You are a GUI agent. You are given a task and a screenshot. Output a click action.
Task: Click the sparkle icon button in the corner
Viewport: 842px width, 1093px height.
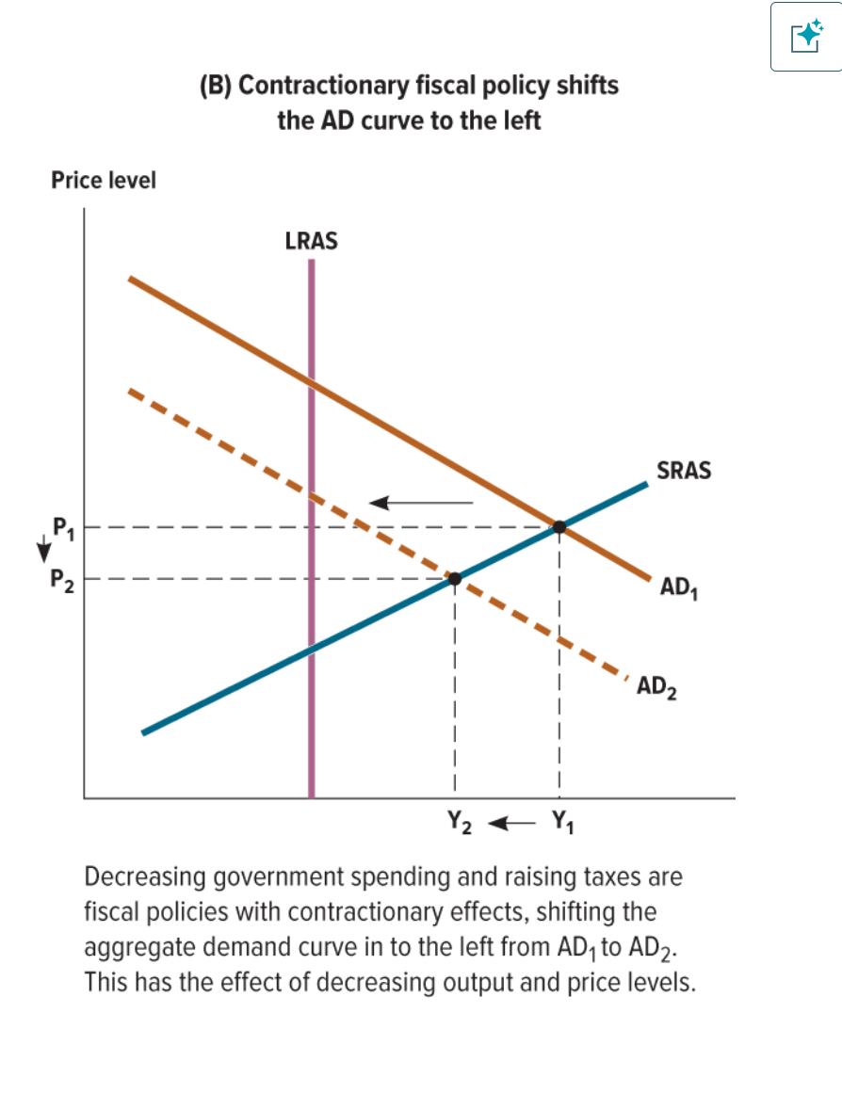click(x=806, y=37)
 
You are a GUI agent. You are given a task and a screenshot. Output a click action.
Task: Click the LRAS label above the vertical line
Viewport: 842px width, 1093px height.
click(x=311, y=241)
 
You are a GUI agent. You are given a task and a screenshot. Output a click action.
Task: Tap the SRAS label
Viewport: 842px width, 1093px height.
click(x=683, y=471)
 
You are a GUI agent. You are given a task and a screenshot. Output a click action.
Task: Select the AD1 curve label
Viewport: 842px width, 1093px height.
click(x=678, y=587)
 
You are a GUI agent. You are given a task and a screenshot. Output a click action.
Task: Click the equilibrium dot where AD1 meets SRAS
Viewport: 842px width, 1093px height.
click(x=559, y=527)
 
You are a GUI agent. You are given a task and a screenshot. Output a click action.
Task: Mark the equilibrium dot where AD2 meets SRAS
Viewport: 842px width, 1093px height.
click(x=454, y=578)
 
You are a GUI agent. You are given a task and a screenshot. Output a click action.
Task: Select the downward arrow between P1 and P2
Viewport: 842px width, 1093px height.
click(x=41, y=552)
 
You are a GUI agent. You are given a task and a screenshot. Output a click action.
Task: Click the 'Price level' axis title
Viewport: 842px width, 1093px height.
click(x=104, y=180)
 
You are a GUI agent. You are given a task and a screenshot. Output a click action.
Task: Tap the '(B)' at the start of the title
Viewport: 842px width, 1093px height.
click(x=217, y=86)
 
